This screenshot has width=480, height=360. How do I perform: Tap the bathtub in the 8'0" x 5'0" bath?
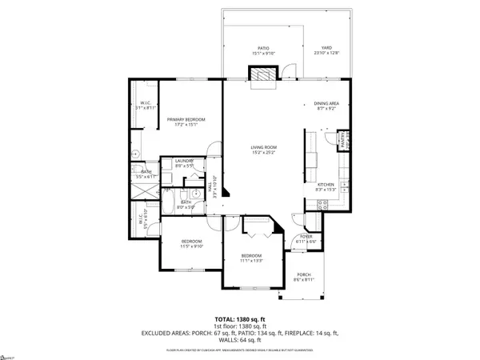coord(172,199)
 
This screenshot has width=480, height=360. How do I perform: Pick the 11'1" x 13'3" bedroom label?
coord(251,258)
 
